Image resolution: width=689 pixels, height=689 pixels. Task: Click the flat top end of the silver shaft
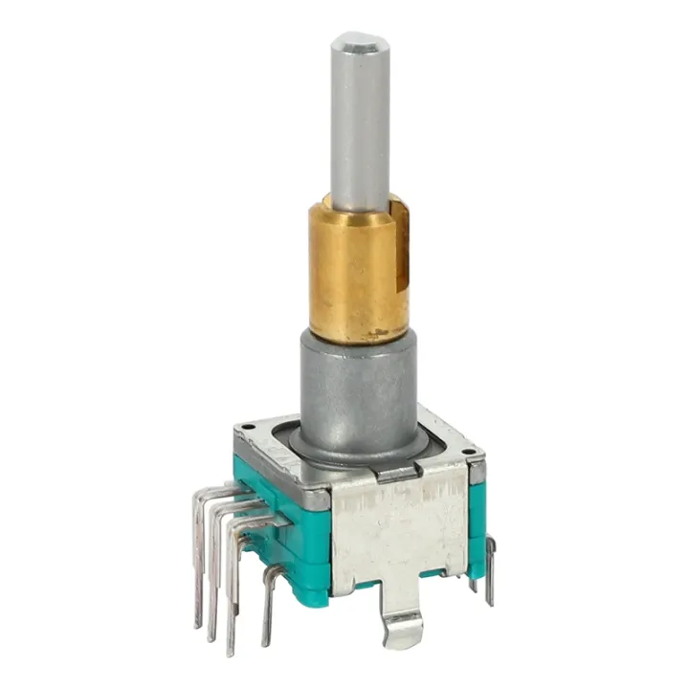click(x=360, y=42)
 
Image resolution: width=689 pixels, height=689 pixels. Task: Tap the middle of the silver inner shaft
click(x=360, y=124)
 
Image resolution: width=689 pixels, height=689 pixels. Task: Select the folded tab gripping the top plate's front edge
click(x=394, y=471)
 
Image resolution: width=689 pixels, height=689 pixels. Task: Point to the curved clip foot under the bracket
click(x=402, y=627)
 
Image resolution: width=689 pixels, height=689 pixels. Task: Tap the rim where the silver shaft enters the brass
click(x=360, y=204)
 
